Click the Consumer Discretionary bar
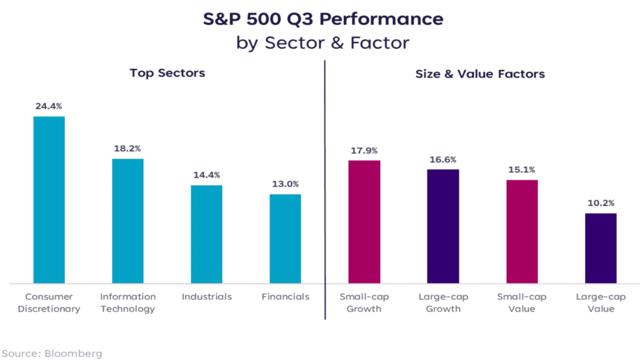49,200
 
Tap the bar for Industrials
206,234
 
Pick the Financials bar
285,239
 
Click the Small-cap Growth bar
364,222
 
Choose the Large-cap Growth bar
443,226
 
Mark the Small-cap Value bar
522,231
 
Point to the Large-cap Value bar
600,248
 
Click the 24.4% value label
49,106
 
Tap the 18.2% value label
127,148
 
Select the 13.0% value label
285,184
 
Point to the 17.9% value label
364,150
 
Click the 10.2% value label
600,203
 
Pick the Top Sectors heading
167,73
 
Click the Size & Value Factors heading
480,74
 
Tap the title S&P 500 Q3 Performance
323,19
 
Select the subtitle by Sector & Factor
323,42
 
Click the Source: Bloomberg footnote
51,353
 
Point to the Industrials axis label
206,296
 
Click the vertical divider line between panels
325,190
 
